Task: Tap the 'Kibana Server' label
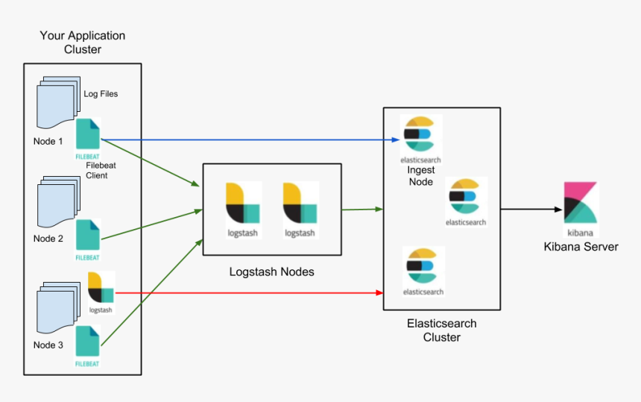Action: [581, 246]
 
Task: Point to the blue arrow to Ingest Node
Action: [246, 139]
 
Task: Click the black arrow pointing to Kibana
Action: [529, 210]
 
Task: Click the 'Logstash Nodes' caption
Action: [271, 272]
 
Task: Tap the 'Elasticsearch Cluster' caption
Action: [441, 330]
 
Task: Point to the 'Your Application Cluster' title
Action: [82, 43]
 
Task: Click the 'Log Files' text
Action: [100, 94]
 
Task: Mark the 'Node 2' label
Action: [48, 239]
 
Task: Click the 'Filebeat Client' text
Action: [96, 171]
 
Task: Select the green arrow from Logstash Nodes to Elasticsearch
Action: [361, 210]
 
